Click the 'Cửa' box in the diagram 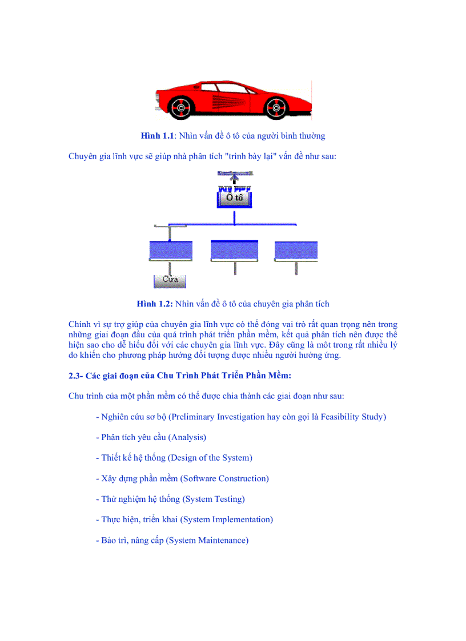coord(170,280)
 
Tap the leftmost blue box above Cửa coord(170,251)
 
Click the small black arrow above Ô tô coord(235,181)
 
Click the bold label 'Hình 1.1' coord(157,136)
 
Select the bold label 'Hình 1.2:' coord(155,304)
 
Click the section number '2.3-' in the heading coord(75,376)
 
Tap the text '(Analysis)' coord(187,437)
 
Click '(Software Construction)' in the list coord(224,478)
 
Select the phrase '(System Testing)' coord(214,499)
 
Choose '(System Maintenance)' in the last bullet coord(207,540)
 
